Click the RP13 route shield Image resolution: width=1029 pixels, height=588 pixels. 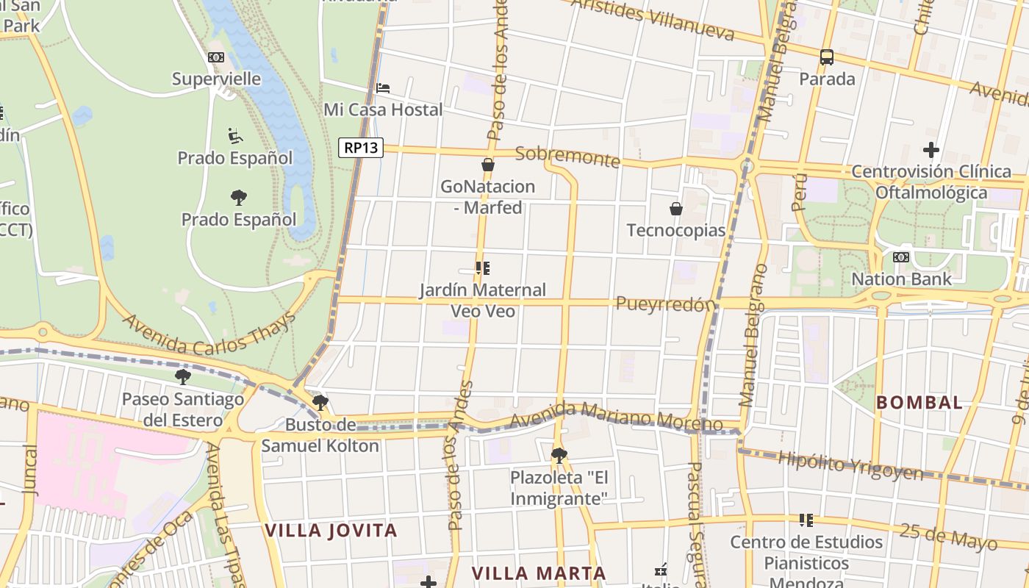(x=362, y=148)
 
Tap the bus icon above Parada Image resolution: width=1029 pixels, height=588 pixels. (x=827, y=57)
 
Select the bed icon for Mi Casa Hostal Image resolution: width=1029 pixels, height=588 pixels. (x=383, y=88)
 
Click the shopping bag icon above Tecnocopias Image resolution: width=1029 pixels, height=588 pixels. (x=676, y=209)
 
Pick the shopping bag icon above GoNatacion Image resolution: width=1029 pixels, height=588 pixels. (x=487, y=165)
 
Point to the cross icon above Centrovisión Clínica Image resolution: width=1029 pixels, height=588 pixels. (x=931, y=150)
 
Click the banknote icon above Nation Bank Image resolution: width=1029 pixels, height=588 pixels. (x=900, y=257)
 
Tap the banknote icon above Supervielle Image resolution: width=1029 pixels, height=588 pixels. (x=215, y=57)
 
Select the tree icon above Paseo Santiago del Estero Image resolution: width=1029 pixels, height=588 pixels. (x=183, y=377)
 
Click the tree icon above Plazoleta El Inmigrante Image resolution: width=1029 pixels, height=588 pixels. (x=559, y=455)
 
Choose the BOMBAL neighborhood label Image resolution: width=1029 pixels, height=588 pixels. (x=919, y=403)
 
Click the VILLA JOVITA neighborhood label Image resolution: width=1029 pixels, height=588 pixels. (x=331, y=531)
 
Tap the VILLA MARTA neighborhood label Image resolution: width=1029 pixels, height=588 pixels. (x=539, y=573)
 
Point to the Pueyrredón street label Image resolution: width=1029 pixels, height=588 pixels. (x=666, y=304)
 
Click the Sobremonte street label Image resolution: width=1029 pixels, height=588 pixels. (x=567, y=157)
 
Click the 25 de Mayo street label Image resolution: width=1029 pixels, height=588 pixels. (x=948, y=536)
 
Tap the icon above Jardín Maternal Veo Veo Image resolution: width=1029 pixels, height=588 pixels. (x=482, y=268)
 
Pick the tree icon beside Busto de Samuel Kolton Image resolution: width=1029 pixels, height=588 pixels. (x=320, y=402)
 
